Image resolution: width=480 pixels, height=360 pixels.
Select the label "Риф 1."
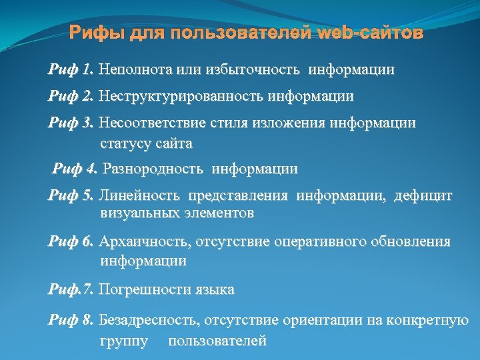point(71,69)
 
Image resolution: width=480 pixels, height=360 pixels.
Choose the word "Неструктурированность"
point(181,96)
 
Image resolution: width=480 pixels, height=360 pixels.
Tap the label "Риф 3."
point(71,123)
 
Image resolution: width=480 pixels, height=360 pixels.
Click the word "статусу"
point(126,143)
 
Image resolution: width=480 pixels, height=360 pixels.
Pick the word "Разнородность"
point(153,169)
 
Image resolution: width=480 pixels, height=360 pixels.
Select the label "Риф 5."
point(71,195)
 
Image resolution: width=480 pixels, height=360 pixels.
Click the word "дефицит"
point(423,195)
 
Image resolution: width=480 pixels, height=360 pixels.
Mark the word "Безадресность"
point(149,321)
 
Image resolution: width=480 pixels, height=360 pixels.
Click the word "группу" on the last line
point(125,341)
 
